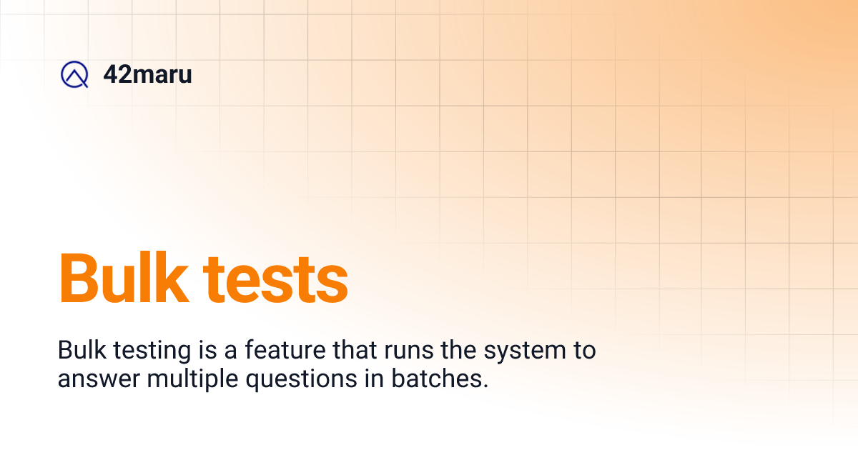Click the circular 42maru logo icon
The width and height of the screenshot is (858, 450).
tap(74, 75)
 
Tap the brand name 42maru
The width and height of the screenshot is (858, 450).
tap(147, 74)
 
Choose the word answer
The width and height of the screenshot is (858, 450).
tap(99, 379)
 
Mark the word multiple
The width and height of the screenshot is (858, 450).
tap(193, 379)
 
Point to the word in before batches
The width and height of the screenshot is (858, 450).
tap(375, 378)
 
